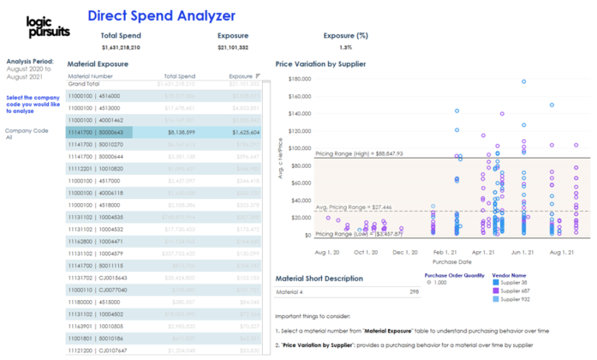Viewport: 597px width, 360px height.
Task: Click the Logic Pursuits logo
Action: pos(47,26)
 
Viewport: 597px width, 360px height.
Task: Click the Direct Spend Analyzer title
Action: pos(161,16)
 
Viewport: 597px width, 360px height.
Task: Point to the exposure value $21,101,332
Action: pos(233,47)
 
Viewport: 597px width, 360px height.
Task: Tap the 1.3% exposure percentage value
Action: pos(346,47)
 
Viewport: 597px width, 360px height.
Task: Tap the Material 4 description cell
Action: pos(292,292)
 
